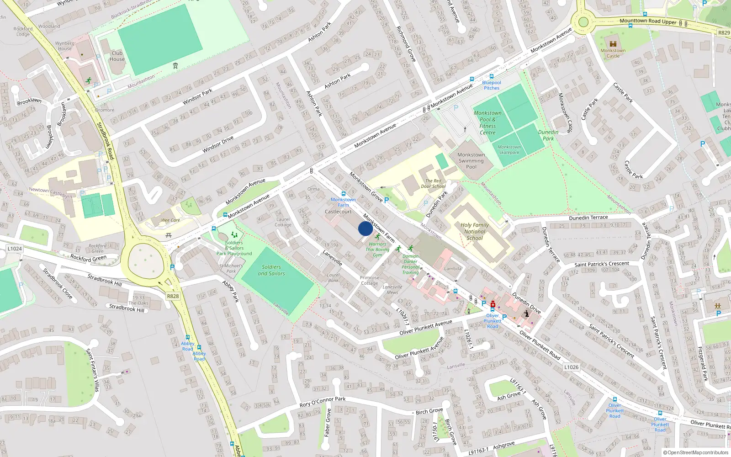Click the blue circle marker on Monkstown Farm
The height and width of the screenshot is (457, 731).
[365, 228]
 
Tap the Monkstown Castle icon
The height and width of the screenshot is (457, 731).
[613, 44]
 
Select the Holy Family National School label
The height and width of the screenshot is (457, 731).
[475, 231]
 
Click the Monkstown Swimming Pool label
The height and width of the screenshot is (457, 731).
[471, 161]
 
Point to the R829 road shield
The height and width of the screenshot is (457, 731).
[724, 33]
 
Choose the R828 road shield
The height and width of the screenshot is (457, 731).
[173, 296]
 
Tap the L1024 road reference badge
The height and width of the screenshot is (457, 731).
[15, 249]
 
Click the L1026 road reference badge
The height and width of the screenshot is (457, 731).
[571, 367]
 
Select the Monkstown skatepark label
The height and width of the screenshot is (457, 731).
[509, 150]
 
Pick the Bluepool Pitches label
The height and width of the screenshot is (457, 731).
[492, 85]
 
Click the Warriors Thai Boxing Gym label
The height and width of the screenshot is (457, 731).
[377, 250]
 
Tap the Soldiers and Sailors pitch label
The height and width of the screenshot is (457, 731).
[271, 270]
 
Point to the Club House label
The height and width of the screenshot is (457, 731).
[117, 56]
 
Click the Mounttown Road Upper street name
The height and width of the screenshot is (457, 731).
[648, 21]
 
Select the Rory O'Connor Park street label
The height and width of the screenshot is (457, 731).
[322, 402]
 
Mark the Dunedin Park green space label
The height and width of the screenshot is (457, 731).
[548, 135]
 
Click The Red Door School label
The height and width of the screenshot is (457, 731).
[433, 183]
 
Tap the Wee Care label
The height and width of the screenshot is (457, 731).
[170, 220]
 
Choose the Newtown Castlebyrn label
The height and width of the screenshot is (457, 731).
[50, 192]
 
